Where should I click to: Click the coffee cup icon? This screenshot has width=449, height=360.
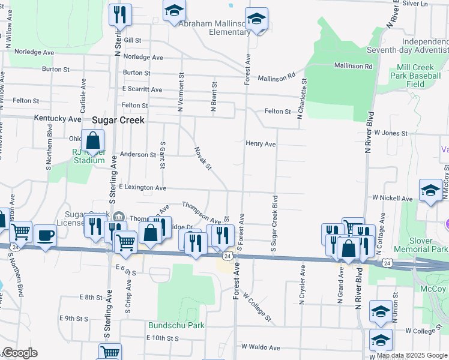coord(45,235)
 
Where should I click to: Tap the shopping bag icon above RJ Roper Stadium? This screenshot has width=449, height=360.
coord(93,141)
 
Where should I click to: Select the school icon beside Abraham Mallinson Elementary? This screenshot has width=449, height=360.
coord(256,19)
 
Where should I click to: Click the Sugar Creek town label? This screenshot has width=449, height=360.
coord(118,120)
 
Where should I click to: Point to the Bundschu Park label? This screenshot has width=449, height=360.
coord(176,325)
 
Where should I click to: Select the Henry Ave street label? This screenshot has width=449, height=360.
coord(261,144)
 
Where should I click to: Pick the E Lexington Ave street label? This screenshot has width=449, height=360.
coord(142,188)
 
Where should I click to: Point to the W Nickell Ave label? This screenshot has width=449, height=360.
coord(392,197)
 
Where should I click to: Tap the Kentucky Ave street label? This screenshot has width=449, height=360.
coord(58,119)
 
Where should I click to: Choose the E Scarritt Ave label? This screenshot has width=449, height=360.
coord(143,88)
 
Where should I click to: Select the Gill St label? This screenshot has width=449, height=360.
coord(133,40)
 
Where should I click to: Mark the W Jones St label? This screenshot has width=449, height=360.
coord(391,132)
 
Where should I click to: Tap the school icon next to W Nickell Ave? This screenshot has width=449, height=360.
coord(430,191)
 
